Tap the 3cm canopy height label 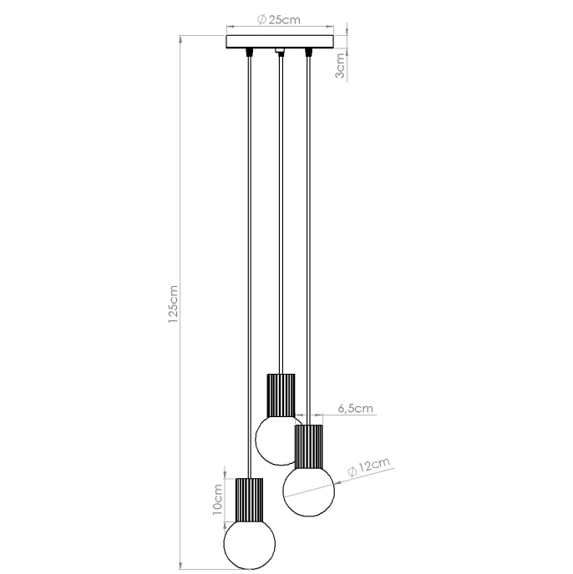click(339, 62)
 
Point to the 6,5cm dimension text click(355, 408)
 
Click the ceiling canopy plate click(279, 41)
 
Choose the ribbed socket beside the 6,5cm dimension click(308, 446)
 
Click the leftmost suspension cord click(250, 250)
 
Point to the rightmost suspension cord click(308, 250)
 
